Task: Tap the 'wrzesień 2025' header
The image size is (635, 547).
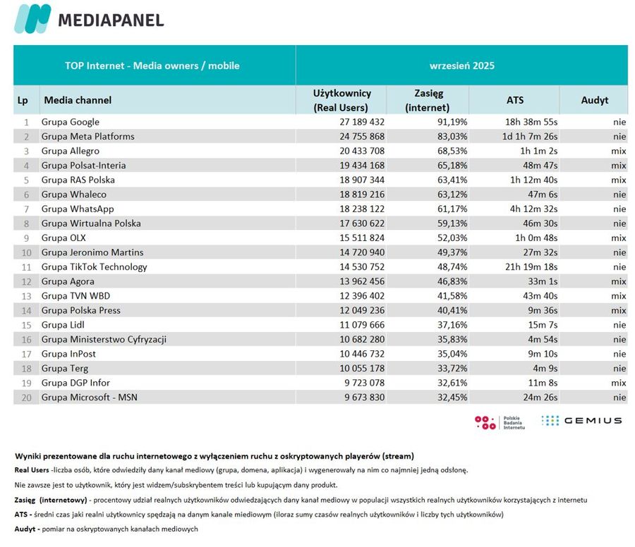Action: tap(461, 66)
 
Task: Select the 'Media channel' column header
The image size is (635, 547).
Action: tap(78, 100)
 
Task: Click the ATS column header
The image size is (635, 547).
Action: tap(514, 100)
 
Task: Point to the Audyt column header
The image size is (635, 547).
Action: tap(594, 100)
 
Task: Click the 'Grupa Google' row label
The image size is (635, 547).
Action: tap(71, 122)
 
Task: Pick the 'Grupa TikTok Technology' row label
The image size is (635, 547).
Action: tap(95, 266)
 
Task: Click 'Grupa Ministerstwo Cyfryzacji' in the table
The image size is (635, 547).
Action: tap(104, 339)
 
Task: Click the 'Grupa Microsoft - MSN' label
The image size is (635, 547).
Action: tap(90, 397)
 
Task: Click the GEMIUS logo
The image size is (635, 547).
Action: tap(581, 421)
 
